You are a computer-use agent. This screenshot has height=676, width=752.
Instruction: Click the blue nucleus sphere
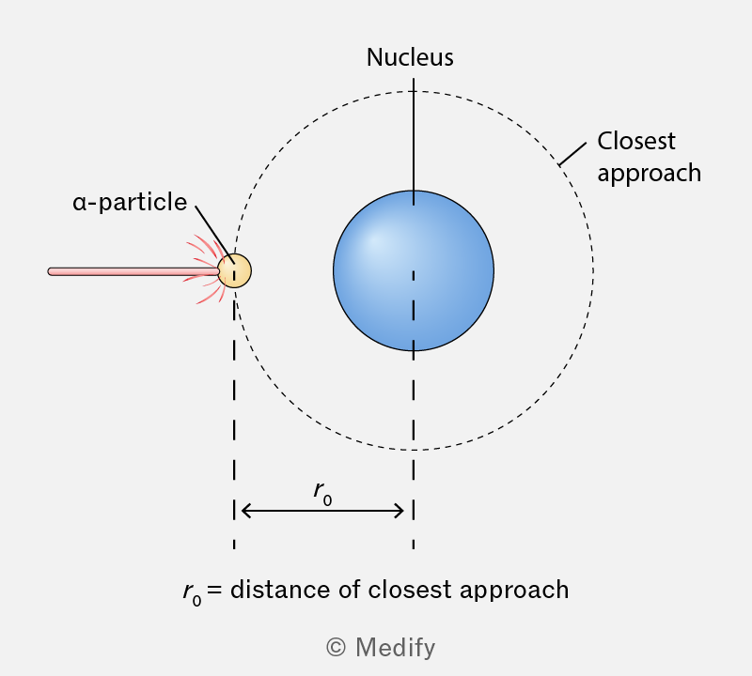(x=414, y=270)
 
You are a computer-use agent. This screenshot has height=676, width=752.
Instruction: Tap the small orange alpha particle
(x=234, y=270)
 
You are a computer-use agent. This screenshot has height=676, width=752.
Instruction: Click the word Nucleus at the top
(x=410, y=57)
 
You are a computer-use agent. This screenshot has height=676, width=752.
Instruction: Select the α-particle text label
(x=130, y=202)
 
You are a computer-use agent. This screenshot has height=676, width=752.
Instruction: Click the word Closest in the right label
(x=636, y=142)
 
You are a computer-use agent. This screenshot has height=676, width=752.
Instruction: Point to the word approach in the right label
(x=650, y=174)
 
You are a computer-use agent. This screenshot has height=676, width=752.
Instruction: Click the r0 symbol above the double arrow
(x=322, y=494)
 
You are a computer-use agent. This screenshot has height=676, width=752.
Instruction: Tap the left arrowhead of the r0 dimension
(x=243, y=511)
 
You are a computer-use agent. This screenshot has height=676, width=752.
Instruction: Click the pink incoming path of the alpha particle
(x=133, y=271)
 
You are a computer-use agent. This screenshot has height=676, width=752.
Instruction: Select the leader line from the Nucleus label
(x=414, y=142)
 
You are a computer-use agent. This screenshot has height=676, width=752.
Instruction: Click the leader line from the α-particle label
(x=215, y=235)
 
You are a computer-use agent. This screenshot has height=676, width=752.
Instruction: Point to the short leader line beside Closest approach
(x=572, y=154)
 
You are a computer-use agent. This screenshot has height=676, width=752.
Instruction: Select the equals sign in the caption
(x=214, y=590)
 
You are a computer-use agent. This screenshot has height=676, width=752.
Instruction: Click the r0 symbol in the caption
(x=192, y=593)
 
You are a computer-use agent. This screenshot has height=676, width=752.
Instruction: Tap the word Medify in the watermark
(x=395, y=648)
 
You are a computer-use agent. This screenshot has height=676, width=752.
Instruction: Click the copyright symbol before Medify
(x=336, y=647)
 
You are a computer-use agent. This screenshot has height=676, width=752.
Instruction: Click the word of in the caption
(x=349, y=590)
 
